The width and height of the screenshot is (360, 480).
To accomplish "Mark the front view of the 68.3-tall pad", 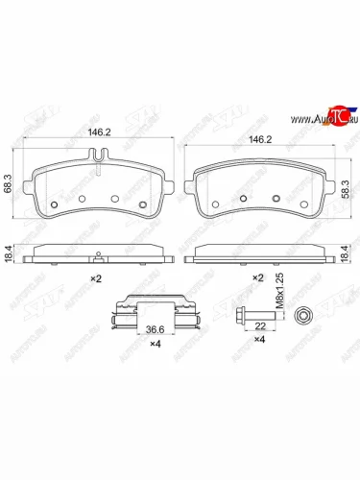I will tap(96, 187).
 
